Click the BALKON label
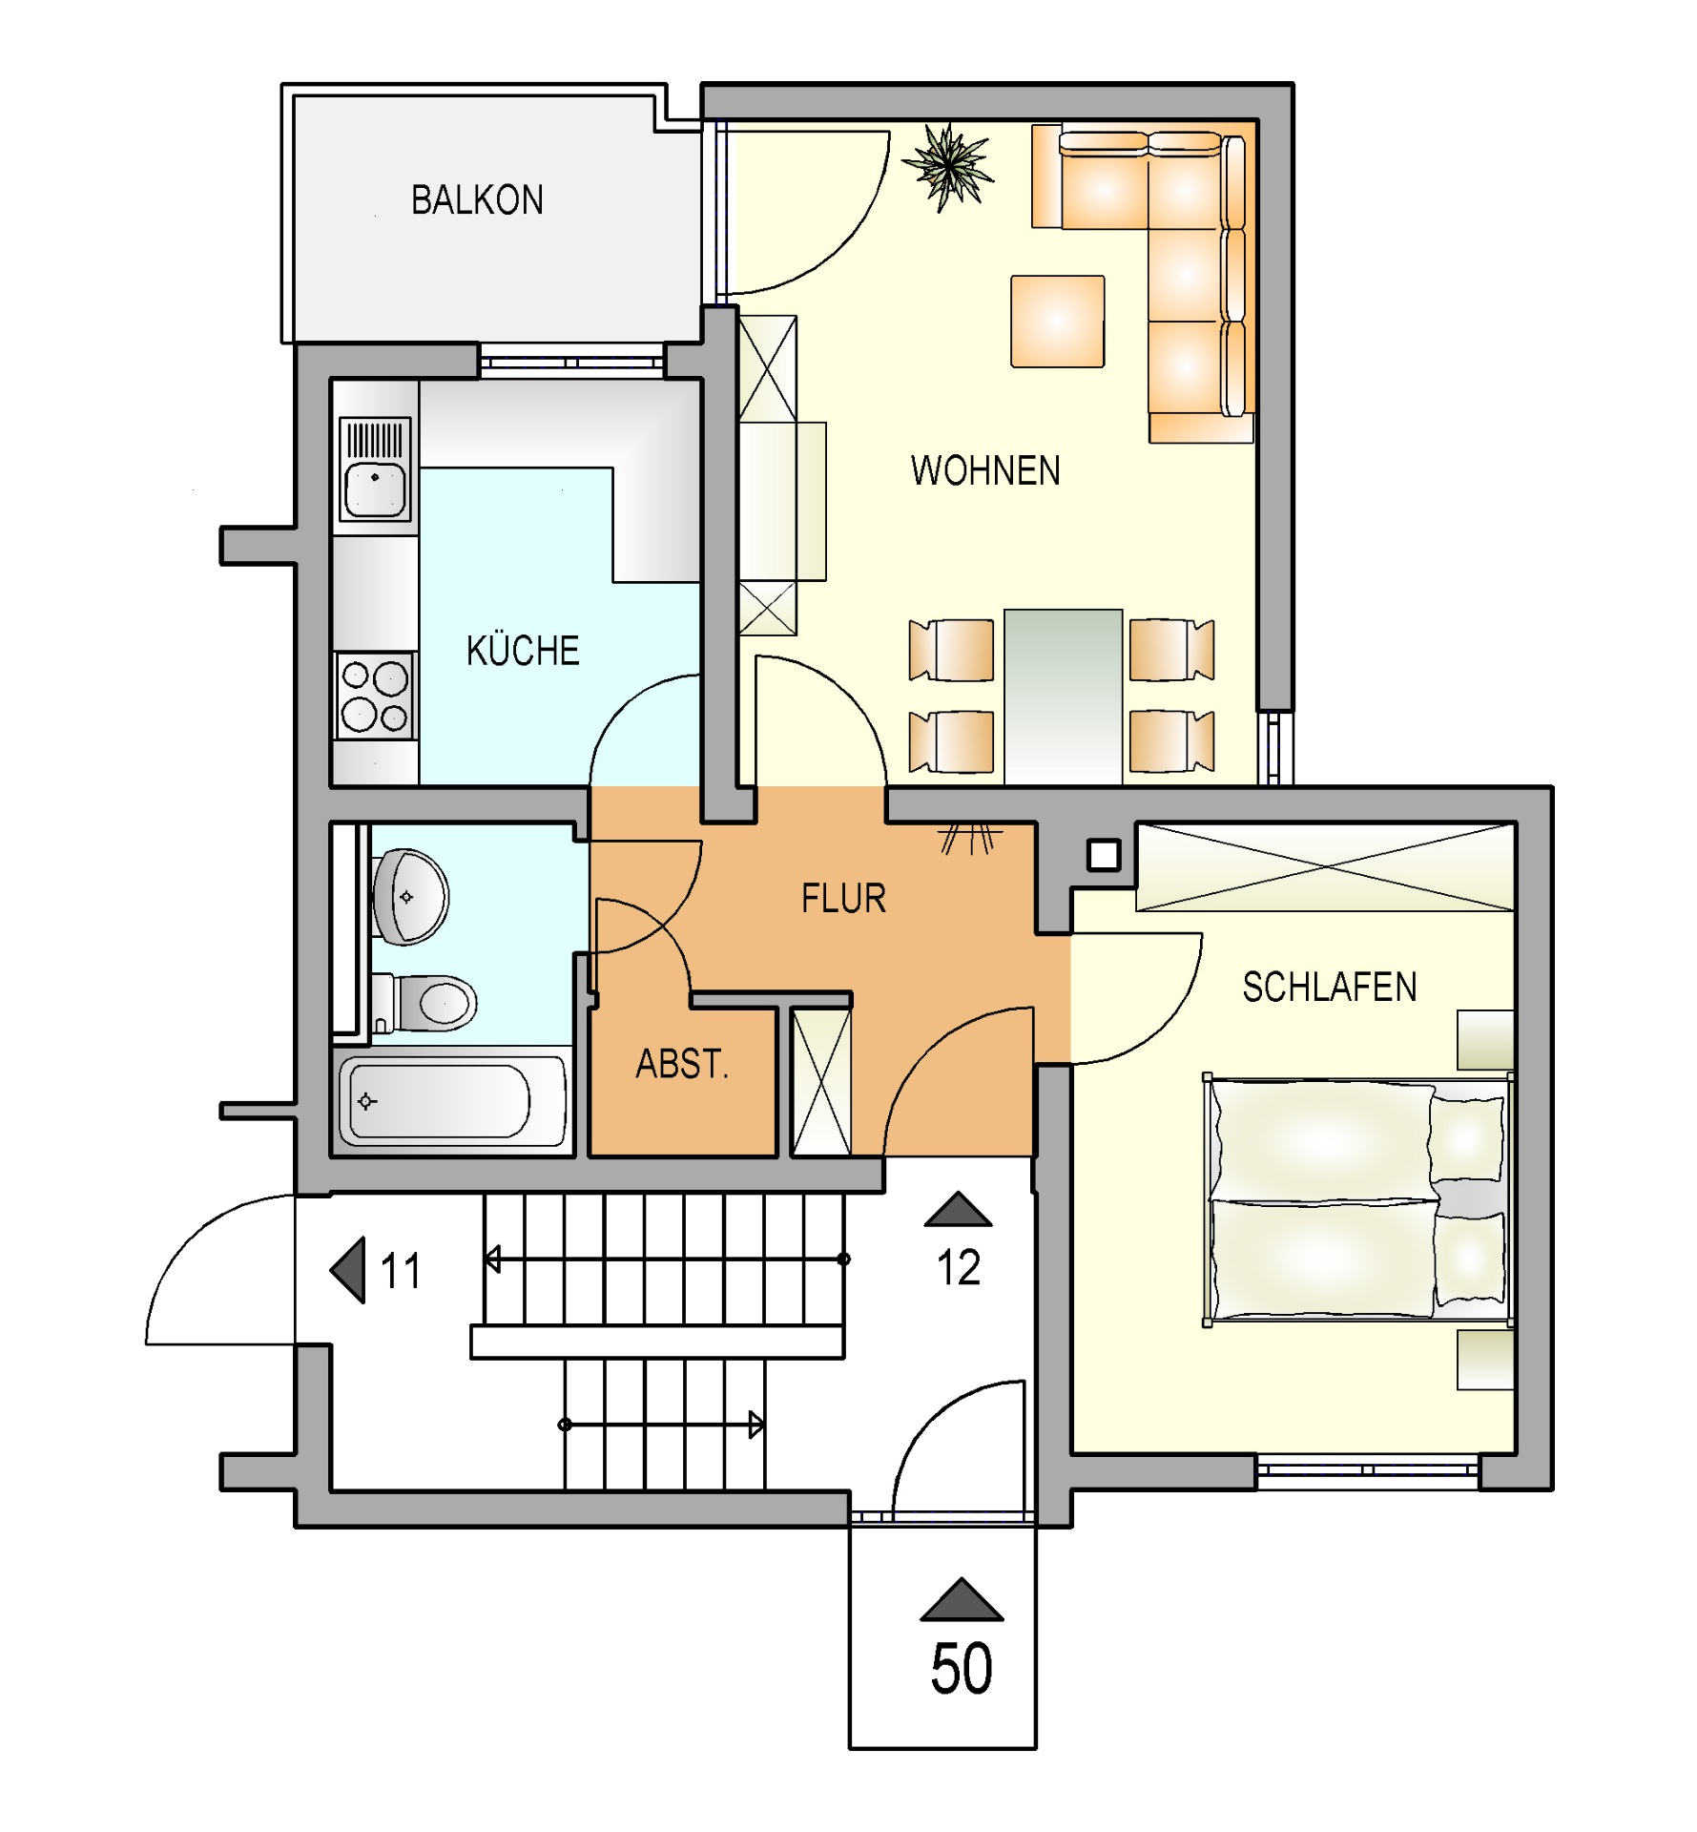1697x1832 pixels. (x=477, y=200)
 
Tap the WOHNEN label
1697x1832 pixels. (x=985, y=470)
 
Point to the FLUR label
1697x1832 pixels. (x=843, y=899)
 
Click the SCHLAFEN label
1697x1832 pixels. (x=1329, y=988)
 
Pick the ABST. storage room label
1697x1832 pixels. (x=682, y=1063)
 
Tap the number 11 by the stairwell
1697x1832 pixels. (x=401, y=1271)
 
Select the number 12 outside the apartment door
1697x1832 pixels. (x=958, y=1268)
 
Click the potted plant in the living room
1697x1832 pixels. (x=948, y=168)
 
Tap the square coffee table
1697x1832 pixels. (x=1058, y=322)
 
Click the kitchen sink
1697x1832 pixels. (x=375, y=468)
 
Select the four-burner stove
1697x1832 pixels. (x=375, y=696)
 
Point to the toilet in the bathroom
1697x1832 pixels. (x=424, y=1003)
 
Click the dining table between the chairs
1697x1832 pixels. (x=1063, y=697)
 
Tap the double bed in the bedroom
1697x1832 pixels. (x=1358, y=1199)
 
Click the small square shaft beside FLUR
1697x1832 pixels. (x=1104, y=855)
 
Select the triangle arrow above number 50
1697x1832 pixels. (x=962, y=1599)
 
